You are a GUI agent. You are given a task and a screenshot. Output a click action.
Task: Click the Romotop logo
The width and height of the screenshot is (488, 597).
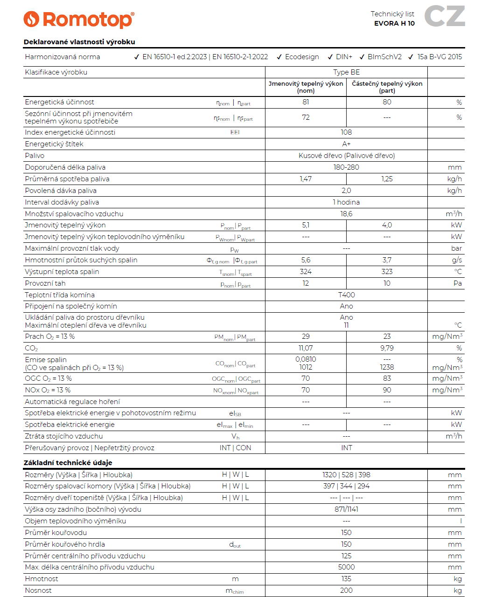tap(79, 20)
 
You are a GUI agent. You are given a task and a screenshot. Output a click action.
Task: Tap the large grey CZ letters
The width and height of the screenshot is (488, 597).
tap(444, 16)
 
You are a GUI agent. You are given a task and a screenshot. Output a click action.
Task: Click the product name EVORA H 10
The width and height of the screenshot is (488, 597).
tap(394, 23)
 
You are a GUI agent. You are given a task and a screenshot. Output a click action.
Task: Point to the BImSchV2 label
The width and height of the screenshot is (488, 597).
tap(384, 57)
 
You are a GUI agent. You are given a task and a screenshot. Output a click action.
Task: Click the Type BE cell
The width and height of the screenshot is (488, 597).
tap(346, 72)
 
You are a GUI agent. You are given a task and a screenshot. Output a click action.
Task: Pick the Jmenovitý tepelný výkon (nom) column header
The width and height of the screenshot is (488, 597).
tap(306, 87)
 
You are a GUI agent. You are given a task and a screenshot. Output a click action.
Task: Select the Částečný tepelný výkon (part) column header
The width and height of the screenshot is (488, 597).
tap(387, 87)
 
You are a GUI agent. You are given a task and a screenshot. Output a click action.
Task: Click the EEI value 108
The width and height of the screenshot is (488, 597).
tap(346, 132)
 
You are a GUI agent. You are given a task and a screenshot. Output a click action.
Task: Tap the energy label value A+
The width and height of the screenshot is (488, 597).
tap(346, 144)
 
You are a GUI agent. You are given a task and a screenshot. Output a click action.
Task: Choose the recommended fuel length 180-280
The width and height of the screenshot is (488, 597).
tap(346, 167)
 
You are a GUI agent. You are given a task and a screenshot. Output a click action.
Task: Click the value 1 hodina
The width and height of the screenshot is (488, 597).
tap(346, 202)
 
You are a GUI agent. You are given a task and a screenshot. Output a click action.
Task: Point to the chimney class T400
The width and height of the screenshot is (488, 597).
tap(346, 295)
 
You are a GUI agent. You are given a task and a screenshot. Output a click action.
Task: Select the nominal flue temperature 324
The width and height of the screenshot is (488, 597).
tap(306, 272)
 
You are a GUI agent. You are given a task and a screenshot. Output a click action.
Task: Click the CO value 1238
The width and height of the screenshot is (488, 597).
tap(387, 367)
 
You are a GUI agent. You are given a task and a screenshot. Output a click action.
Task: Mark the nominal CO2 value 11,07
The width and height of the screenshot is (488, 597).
tap(306, 348)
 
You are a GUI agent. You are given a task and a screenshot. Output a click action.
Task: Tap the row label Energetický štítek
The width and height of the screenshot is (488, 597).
tap(54, 144)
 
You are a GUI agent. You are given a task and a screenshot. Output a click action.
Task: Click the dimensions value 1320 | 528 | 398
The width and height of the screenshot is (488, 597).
tap(346, 475)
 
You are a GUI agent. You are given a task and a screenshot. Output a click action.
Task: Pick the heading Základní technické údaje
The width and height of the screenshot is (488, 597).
tap(68, 463)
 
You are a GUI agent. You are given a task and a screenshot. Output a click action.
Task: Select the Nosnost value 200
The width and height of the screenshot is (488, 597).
tap(346, 590)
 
